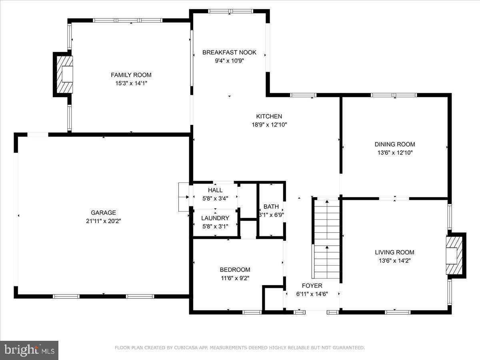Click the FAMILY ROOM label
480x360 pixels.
coord(131,75)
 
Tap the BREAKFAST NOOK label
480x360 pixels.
coord(229,52)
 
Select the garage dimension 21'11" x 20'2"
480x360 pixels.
coord(103,221)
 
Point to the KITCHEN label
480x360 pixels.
coord(272,116)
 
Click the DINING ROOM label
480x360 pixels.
coord(395,144)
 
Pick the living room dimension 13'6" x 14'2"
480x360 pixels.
coord(394,260)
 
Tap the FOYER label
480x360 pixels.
coord(312,286)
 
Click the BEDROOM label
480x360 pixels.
coord(235,270)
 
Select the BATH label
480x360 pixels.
coord(271,207)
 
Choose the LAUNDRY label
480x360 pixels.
coord(215,218)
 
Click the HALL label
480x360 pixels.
coord(215,190)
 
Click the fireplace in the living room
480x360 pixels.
coord(455,255)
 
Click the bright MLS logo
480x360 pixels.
coord(29,350)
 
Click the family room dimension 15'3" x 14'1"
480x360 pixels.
coord(131,83)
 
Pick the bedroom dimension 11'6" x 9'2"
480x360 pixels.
coord(235,278)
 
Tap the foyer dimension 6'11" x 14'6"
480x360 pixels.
coord(312,294)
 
